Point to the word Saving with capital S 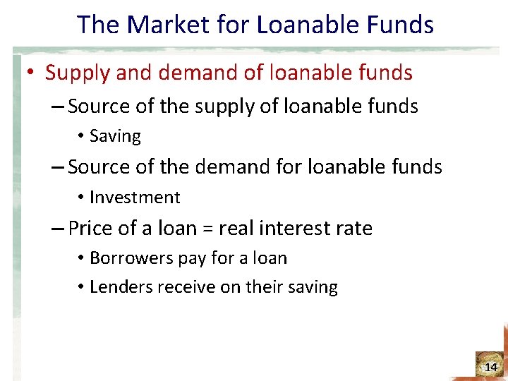115,136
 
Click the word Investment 135,198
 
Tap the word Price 92,229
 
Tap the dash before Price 59,229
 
